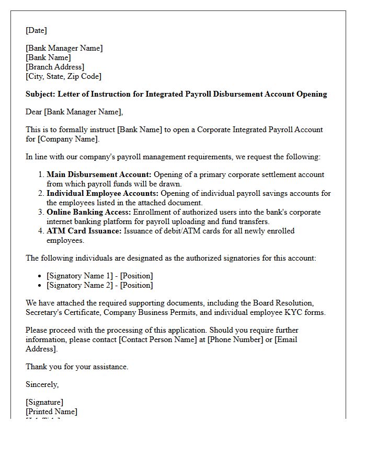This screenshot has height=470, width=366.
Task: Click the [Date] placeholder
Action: click(x=36, y=30)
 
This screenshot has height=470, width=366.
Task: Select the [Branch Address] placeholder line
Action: click(x=55, y=67)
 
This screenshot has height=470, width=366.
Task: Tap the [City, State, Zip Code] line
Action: click(x=63, y=76)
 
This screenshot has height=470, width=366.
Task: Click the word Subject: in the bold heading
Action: click(x=40, y=94)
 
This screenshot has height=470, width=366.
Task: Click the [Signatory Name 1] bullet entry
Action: click(x=99, y=276)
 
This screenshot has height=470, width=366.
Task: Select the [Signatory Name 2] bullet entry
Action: click(x=99, y=285)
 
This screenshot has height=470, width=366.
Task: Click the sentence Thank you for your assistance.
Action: click(x=77, y=367)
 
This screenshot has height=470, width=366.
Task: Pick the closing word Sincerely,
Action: click(x=42, y=384)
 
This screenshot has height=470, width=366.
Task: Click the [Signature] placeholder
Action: click(x=44, y=402)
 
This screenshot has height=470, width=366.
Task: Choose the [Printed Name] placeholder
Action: click(x=51, y=412)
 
